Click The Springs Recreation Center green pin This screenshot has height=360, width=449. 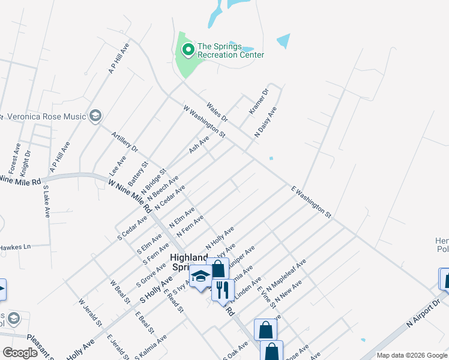click(x=188, y=49)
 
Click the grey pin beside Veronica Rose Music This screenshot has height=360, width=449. click(x=95, y=115)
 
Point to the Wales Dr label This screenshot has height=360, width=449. click(x=217, y=112)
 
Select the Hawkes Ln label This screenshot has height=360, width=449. click(x=15, y=247)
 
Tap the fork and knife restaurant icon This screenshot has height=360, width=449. click(x=223, y=290)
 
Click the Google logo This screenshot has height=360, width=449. click(x=20, y=353)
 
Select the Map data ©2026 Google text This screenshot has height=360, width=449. click(x=411, y=355)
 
